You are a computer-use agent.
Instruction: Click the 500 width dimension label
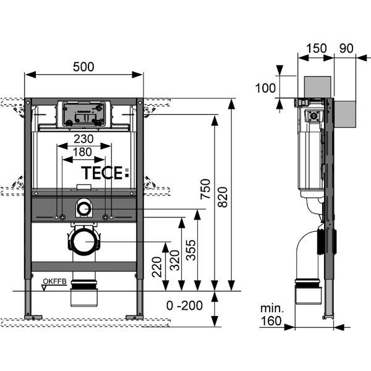tap(83, 67)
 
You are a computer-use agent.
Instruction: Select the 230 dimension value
tap(83, 139)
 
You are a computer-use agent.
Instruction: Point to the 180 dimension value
tap(82, 152)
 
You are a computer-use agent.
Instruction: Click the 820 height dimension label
tap(223, 197)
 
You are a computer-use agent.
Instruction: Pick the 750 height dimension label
tap(205, 189)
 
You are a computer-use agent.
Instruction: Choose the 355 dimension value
tap(190, 250)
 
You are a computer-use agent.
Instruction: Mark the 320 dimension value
tap(175, 260)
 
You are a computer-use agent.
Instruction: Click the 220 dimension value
tap(156, 267)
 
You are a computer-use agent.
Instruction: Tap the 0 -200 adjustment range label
tap(184, 305)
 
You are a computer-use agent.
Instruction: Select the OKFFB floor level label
tap(54, 281)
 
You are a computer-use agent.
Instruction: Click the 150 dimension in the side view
tap(317, 48)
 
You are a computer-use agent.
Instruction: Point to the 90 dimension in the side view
tap(346, 48)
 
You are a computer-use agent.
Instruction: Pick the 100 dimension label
tap(265, 88)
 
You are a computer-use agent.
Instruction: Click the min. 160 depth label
tap(271, 315)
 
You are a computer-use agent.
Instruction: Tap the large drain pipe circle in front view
tap(85, 242)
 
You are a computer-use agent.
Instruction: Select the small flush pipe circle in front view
tap(83, 209)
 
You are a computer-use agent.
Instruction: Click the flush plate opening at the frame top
tap(83, 114)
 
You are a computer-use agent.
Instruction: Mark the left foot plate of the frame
tap(33, 317)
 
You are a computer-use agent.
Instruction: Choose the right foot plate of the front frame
tap(134, 317)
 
